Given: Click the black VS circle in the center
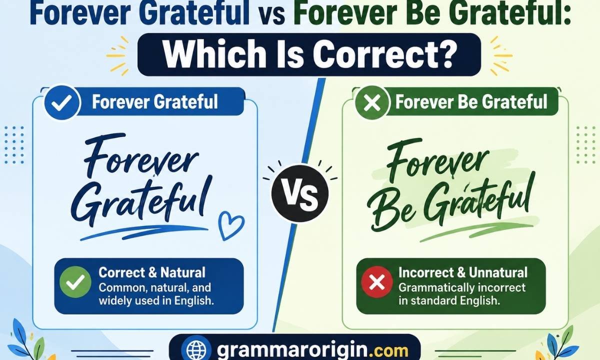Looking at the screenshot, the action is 299,193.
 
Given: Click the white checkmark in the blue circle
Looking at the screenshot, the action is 62,102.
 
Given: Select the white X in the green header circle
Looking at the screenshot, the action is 372,102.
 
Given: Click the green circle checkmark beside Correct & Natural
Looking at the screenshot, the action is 75,282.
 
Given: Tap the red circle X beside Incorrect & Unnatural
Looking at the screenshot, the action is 377,282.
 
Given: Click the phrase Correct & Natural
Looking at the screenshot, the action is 152,272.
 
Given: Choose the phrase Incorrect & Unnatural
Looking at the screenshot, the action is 463,272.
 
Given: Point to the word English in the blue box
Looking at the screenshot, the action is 194,301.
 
